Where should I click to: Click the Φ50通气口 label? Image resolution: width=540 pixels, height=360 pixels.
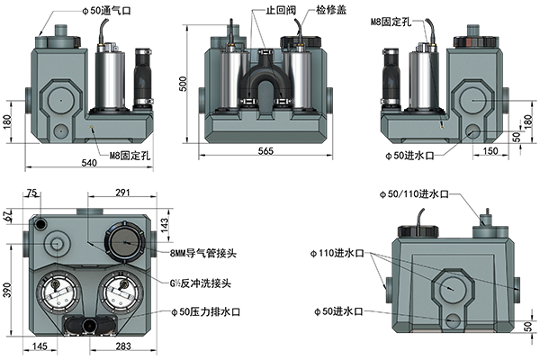[107, 11]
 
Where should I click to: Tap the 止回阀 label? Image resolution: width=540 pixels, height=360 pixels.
[281, 10]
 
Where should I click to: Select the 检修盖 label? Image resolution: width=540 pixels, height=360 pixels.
[331, 10]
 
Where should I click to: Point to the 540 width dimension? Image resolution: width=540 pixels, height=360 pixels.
[89, 162]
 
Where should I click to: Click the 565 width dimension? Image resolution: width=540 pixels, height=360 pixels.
[265, 150]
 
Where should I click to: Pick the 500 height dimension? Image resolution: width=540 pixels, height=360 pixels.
[184, 84]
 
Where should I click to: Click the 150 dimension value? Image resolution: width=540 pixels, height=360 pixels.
[490, 150]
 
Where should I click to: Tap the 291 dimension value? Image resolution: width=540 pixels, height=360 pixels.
[122, 192]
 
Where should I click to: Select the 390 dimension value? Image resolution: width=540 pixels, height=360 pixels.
[7, 291]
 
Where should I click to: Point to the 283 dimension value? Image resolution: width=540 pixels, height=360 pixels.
[123, 346]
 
